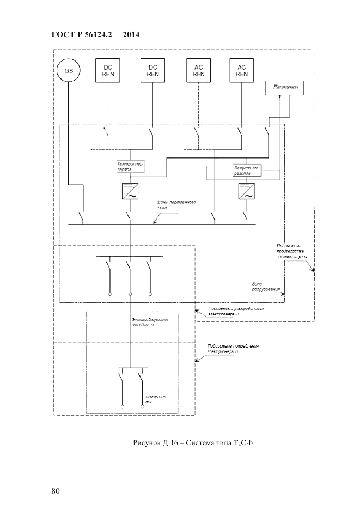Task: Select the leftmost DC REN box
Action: coord(107,70)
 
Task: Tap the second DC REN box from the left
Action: coord(152,70)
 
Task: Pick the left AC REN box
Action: coord(198,70)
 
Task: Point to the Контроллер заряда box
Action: coord(131,166)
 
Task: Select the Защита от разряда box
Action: coord(247,170)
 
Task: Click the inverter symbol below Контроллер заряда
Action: coord(130,191)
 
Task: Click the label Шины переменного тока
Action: coord(175,204)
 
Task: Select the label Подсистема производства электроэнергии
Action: coord(291,251)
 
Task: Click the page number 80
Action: coord(56,491)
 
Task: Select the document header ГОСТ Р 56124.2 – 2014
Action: coord(95,34)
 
